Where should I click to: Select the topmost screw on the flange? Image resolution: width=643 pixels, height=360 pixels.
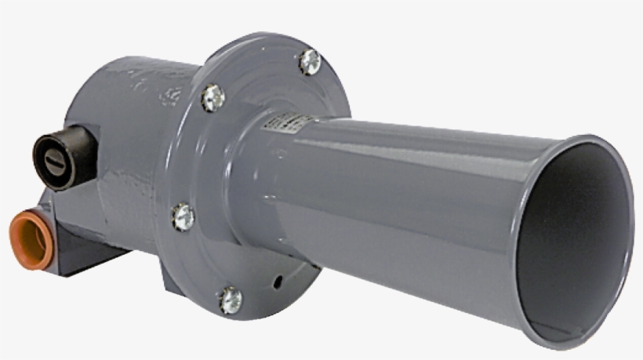311,60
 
